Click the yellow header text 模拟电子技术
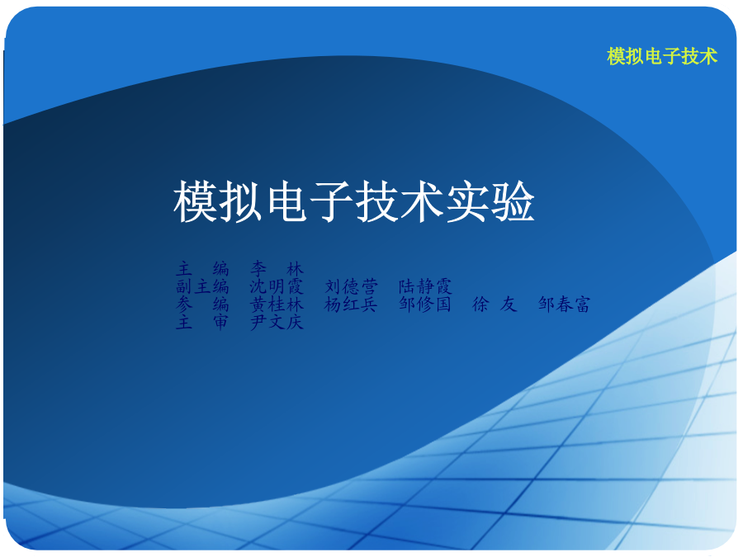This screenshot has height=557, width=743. point(662,56)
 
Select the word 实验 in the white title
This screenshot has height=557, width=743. point(490,202)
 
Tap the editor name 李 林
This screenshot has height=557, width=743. point(277,268)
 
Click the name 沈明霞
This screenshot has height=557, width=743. point(277,286)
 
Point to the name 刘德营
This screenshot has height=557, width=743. point(351,286)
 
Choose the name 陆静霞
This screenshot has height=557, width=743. point(425,286)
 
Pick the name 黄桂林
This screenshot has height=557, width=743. point(277,304)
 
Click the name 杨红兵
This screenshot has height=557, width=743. point(351,304)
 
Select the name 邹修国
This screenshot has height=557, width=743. point(425,304)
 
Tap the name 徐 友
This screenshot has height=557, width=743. point(495,304)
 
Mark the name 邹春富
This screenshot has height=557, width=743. point(565,304)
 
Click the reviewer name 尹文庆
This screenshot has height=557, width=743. point(277,322)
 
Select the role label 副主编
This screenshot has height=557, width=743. point(202,286)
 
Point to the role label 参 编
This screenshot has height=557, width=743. point(202,304)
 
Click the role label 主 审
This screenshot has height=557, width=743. point(202,322)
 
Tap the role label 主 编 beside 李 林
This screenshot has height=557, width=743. point(202,268)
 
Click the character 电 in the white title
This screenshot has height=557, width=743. point(286,202)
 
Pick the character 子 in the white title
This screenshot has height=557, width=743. point(331,202)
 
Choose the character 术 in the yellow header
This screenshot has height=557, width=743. point(709,56)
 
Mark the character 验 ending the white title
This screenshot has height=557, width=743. point(513,202)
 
